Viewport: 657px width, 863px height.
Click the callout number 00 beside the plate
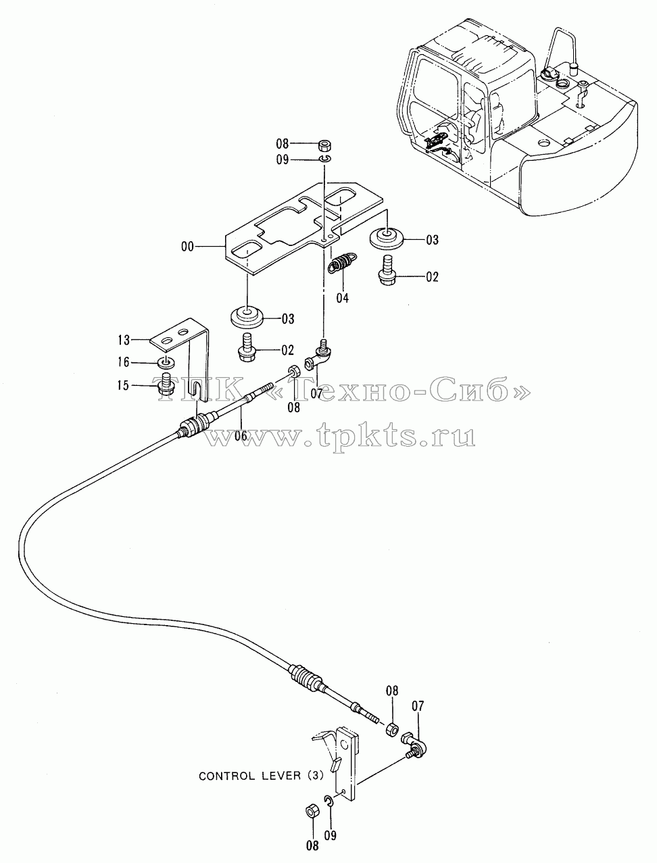point(187,247)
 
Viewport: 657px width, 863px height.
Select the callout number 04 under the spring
point(343,298)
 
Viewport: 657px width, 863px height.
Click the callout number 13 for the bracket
point(124,340)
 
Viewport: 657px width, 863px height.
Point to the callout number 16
point(124,362)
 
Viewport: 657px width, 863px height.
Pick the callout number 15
point(124,385)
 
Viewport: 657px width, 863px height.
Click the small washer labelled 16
point(167,362)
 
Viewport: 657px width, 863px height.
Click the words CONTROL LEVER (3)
point(261,776)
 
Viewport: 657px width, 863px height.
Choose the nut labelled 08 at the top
point(324,146)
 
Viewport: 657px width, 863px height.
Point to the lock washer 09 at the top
point(324,159)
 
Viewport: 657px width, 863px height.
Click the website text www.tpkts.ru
point(341,437)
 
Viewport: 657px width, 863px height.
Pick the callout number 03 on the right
point(433,239)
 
